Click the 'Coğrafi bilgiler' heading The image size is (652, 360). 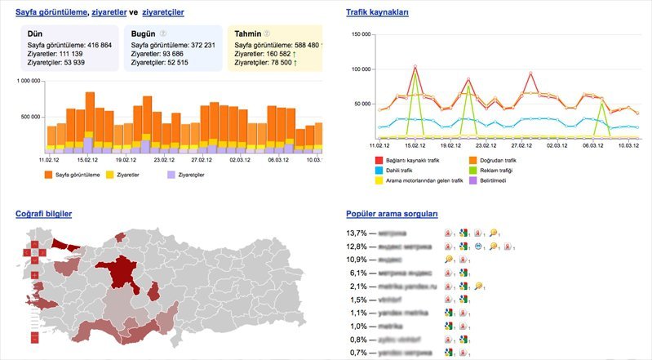tap(44, 214)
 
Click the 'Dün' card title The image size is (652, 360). tap(35, 33)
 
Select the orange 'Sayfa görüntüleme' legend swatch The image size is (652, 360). tap(49, 175)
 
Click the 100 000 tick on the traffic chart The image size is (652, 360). tap(360, 69)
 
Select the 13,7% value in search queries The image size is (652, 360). tap(357, 233)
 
